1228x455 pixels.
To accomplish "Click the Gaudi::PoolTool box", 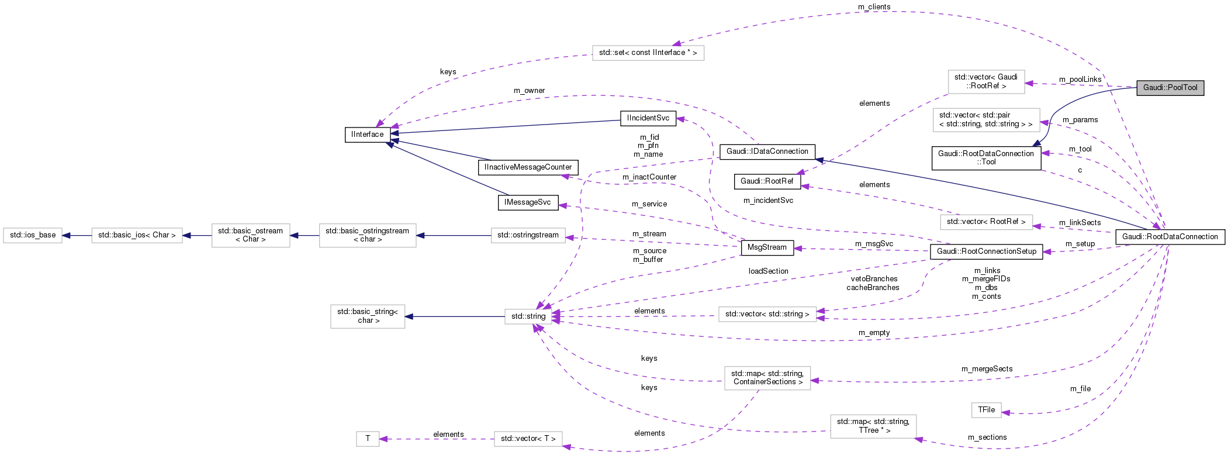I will click(1170, 88).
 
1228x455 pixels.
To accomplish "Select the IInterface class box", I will click(368, 135).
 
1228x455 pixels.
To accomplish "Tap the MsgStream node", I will click(767, 247).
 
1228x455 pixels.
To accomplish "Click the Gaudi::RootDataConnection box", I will click(1170, 237).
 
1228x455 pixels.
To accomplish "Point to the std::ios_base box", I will click(33, 235).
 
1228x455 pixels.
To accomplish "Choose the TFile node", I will click(986, 410).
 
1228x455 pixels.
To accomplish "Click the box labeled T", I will click(368, 439).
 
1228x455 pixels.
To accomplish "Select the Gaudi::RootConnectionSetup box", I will click(986, 251).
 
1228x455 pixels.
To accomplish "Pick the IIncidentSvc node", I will click(648, 118).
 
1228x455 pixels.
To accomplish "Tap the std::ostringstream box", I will click(528, 235).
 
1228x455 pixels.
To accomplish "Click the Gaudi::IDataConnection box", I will click(767, 151).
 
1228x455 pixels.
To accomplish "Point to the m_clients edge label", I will click(874, 7).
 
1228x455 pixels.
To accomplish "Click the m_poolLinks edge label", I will click(1080, 80).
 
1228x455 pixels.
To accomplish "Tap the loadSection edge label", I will click(768, 271).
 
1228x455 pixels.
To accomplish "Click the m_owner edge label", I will click(529, 91).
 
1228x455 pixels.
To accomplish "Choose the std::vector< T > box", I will click(528, 439).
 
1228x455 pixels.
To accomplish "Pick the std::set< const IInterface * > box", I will click(648, 53).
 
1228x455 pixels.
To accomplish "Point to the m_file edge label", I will click(1080, 389).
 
